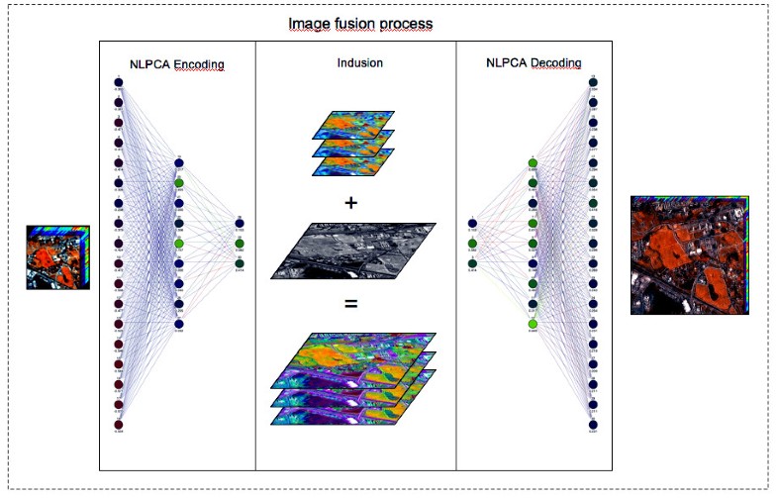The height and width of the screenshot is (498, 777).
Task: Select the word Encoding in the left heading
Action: click(199, 65)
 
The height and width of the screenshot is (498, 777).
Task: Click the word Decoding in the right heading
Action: click(556, 63)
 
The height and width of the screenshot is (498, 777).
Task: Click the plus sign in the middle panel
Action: click(350, 204)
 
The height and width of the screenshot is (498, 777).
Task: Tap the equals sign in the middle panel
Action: click(350, 304)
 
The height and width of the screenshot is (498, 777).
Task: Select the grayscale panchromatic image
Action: click(351, 249)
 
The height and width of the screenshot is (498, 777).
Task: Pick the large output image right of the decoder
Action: click(690, 254)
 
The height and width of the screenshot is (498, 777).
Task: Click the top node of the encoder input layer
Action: click(119, 82)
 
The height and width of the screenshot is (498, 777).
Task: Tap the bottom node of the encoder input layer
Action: click(119, 425)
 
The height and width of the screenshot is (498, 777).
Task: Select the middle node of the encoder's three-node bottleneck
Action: click(239, 244)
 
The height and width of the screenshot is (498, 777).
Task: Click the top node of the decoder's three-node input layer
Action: click(472, 223)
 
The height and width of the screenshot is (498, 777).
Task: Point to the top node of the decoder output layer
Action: click(592, 82)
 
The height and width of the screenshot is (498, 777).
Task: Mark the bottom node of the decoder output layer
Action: click(592, 424)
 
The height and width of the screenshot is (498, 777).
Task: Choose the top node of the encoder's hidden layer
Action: click(179, 162)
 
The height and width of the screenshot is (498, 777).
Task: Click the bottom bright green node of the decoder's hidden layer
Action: click(533, 325)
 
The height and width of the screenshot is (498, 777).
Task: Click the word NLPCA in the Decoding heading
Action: click(505, 63)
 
